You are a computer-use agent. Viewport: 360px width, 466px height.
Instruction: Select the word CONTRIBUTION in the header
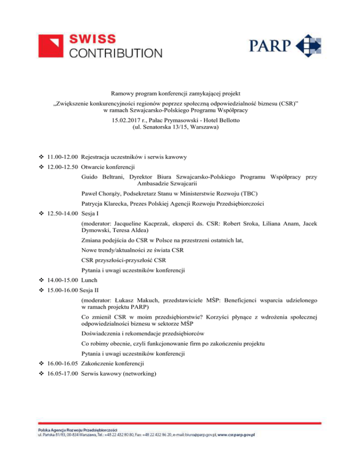pyautogui.click(x=116, y=53)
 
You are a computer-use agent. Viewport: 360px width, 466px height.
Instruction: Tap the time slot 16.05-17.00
pyautogui.click(x=62, y=375)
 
